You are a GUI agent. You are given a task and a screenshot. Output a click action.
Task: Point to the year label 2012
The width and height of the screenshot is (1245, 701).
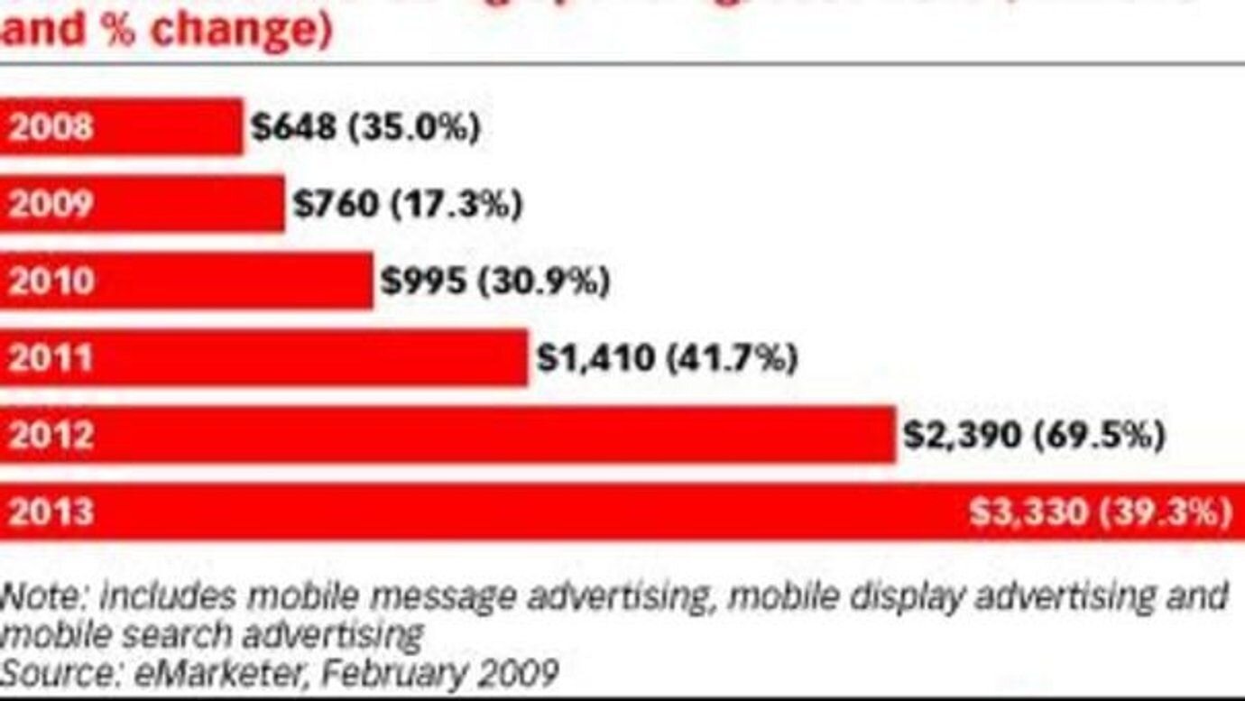point(51,436)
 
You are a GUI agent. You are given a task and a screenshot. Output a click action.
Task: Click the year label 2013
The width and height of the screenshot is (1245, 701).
point(51,512)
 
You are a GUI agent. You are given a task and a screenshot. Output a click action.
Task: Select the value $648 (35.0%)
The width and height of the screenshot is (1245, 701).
point(364,127)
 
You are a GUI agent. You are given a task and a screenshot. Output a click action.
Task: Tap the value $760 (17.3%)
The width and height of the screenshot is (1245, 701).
point(407,205)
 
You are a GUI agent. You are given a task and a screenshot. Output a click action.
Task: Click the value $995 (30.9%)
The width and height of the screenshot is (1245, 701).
point(494,281)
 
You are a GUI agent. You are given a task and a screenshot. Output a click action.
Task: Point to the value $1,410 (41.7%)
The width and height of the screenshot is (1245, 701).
point(667,359)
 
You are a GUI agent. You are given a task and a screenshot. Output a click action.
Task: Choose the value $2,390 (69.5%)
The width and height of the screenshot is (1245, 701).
point(1034,436)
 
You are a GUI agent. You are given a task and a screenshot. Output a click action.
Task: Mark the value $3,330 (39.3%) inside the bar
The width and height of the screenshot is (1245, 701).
point(1100,513)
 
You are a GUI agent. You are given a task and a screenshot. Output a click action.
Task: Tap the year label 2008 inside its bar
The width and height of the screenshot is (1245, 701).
point(51,127)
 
